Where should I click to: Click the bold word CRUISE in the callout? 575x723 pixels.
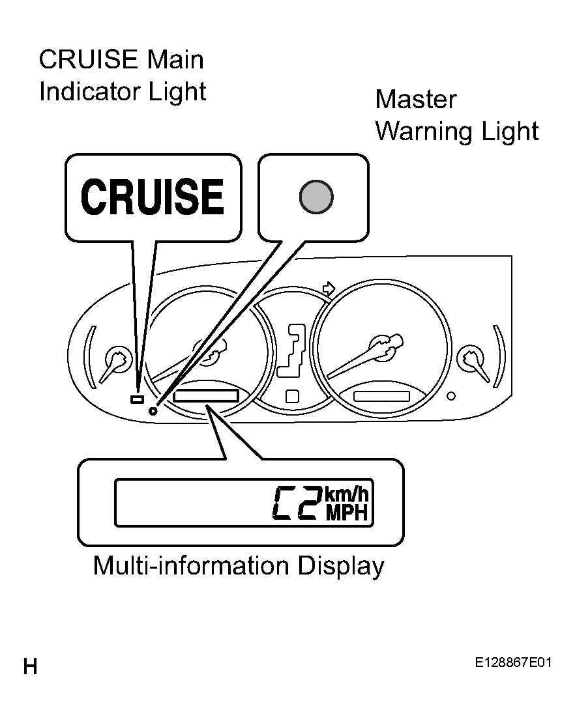coord(153,197)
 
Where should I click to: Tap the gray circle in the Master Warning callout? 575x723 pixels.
coord(316,197)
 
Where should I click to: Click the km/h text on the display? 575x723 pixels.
coord(347,494)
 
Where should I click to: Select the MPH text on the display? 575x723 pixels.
coord(347,513)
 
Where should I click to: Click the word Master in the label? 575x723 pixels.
coord(416,100)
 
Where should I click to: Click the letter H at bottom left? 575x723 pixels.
coord(31,667)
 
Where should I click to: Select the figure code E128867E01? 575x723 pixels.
coord(513,662)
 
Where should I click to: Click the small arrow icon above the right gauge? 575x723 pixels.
coord(328,289)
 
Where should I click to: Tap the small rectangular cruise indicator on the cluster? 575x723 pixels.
coord(137,399)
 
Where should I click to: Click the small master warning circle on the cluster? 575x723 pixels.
coord(153,410)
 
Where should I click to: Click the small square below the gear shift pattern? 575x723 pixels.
coord(292,397)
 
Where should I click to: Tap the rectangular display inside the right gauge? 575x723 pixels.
coord(381,397)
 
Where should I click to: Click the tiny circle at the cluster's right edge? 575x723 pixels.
coord(451,396)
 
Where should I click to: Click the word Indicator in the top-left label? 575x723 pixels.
coord(89,92)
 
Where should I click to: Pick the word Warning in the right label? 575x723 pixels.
coord(425,132)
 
